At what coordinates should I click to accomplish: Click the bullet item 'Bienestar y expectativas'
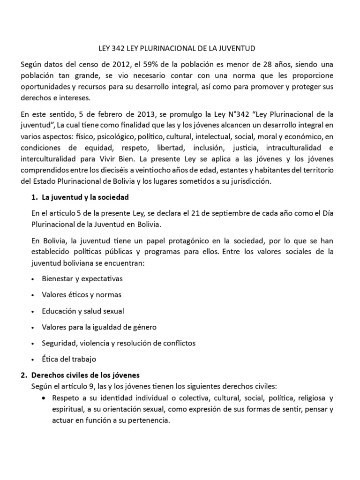point(82,278)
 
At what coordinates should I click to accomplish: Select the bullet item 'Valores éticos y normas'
point(82,295)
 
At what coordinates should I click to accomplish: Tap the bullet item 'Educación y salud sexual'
point(83,311)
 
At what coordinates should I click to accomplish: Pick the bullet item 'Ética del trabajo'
point(69,359)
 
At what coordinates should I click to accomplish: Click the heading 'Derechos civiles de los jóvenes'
point(90,375)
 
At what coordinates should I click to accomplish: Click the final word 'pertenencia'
point(146,420)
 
